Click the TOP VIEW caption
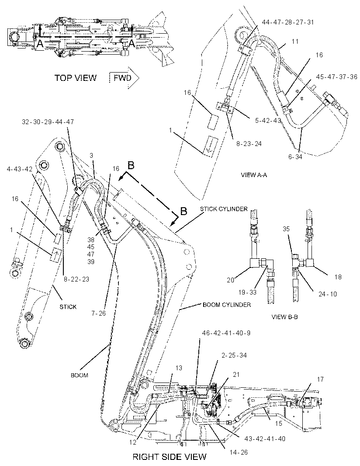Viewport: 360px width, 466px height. pos(76,78)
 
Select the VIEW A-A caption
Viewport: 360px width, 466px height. pos(254,175)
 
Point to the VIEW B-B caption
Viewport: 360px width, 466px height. pos(284,317)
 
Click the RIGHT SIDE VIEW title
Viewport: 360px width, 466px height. pos(170,456)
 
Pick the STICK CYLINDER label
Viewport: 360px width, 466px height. pos(224,209)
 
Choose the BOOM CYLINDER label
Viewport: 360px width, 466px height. pos(227,305)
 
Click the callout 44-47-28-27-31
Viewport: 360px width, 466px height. pos(288,22)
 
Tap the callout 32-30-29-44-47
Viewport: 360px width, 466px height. pos(48,122)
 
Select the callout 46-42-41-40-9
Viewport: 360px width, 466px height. pos(226,333)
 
